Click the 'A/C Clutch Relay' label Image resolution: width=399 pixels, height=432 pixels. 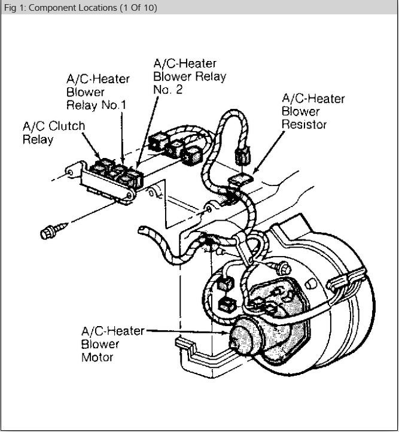click(x=54, y=133)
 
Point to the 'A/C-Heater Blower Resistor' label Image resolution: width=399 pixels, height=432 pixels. click(x=313, y=111)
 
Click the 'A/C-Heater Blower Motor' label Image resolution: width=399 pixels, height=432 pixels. click(x=112, y=344)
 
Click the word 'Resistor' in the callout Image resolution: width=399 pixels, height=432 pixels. click(x=304, y=124)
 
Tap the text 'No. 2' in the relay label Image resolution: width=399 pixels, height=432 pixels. click(x=168, y=89)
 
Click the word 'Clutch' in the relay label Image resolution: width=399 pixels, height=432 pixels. click(x=67, y=126)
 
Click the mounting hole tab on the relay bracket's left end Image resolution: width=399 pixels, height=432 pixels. click(x=70, y=173)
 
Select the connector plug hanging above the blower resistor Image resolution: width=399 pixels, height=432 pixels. click(x=243, y=157)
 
